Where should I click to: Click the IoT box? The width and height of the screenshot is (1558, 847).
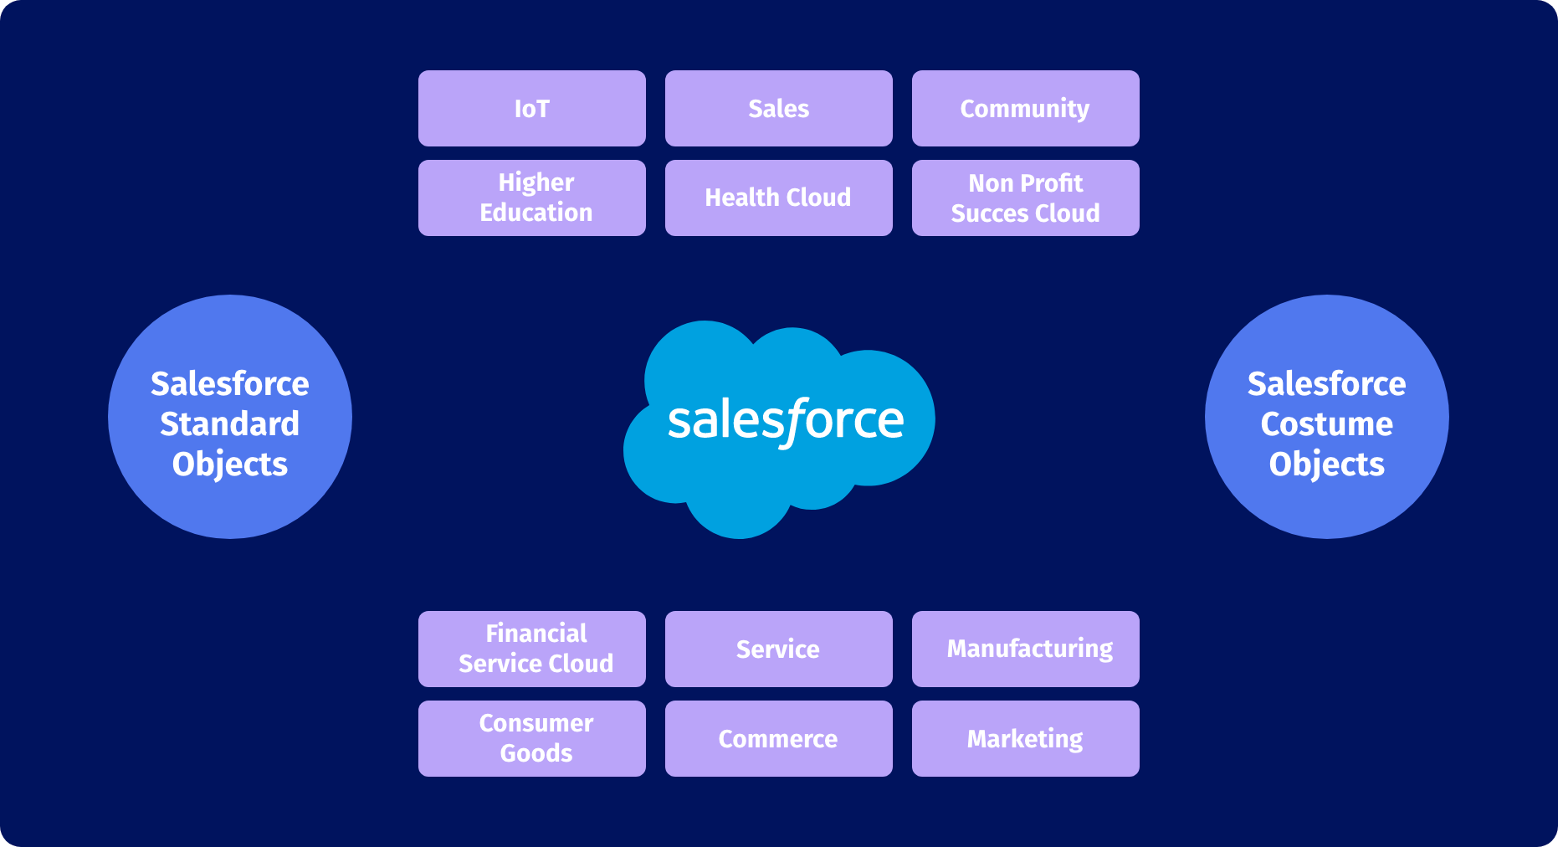tap(531, 109)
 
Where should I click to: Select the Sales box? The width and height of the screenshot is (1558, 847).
tap(778, 109)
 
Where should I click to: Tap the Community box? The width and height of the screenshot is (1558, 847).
tap(1025, 109)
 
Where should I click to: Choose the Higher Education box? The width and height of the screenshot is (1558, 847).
tap(531, 198)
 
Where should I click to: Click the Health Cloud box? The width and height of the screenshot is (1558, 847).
tap(778, 198)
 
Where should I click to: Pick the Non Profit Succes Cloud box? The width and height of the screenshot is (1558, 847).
tap(1025, 198)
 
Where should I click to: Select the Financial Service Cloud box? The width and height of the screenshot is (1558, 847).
tap(531, 649)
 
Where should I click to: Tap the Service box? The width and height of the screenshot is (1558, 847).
tap(778, 649)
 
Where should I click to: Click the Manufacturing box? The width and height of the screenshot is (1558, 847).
tap(1025, 649)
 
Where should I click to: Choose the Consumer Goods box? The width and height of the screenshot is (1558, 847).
tap(531, 738)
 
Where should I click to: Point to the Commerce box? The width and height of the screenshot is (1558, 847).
tap(778, 738)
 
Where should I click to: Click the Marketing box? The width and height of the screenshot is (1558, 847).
tap(1025, 738)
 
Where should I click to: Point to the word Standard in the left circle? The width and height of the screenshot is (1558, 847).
tap(230, 424)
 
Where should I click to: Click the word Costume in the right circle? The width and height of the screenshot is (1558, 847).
tap(1327, 424)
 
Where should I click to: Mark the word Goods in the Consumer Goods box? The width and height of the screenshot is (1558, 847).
tap(536, 753)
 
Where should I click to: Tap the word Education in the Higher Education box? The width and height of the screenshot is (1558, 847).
tap(536, 213)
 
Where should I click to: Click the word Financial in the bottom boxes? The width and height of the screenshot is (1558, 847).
tap(536, 634)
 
